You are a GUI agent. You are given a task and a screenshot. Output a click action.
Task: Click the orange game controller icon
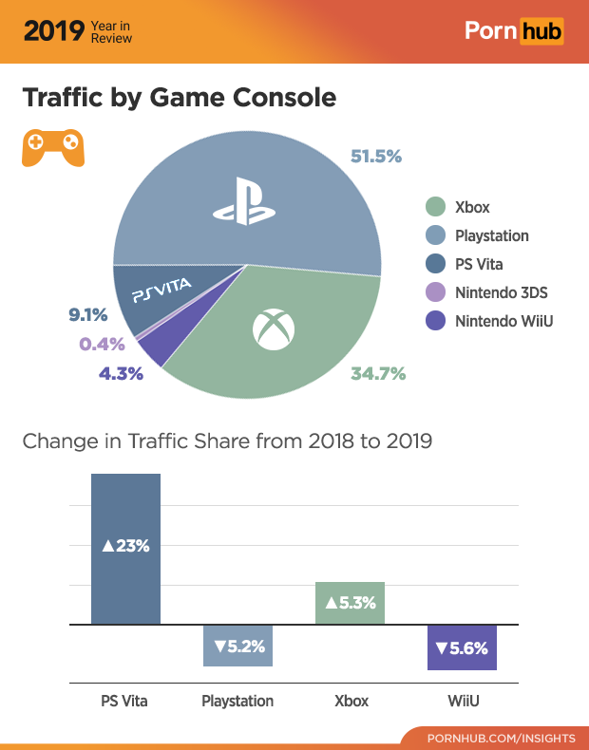(52, 147)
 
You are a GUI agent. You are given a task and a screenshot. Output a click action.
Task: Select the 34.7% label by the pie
(378, 374)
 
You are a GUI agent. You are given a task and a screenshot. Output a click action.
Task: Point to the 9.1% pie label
(87, 314)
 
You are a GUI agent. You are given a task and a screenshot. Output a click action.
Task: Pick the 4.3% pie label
(121, 374)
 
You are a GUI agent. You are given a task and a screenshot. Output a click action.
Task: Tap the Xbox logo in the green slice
(274, 328)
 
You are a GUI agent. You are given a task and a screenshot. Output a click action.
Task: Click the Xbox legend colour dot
(435, 207)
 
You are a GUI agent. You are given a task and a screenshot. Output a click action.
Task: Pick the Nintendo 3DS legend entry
(489, 292)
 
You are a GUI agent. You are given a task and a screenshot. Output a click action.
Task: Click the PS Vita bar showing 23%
(125, 548)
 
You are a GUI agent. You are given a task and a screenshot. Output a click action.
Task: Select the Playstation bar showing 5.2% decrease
(238, 646)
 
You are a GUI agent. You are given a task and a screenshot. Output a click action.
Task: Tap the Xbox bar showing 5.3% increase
(350, 603)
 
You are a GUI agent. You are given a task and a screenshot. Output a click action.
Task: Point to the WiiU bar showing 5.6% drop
(462, 647)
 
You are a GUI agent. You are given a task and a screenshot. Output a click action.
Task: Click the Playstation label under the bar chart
(237, 702)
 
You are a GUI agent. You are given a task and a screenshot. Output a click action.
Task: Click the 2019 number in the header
(53, 31)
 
